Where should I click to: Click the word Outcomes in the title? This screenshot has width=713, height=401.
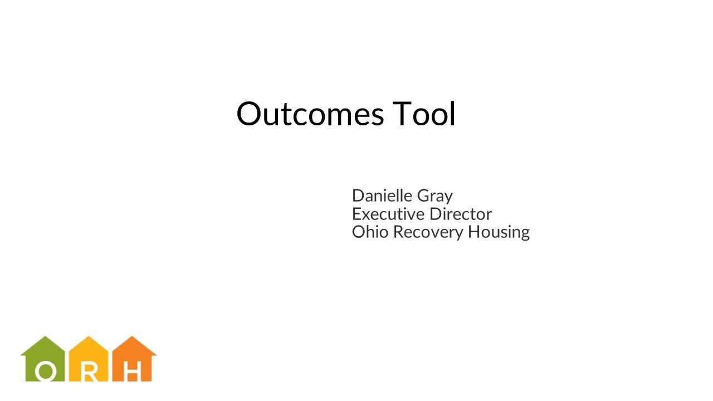tap(310, 114)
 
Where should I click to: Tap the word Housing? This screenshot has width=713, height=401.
tap(499, 232)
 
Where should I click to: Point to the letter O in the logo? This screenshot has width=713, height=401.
tap(46, 372)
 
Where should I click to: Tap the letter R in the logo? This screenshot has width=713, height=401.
tap(89, 372)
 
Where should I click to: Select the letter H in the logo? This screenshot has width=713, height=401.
tap(131, 372)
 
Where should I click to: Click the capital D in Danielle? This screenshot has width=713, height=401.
tap(358, 195)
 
